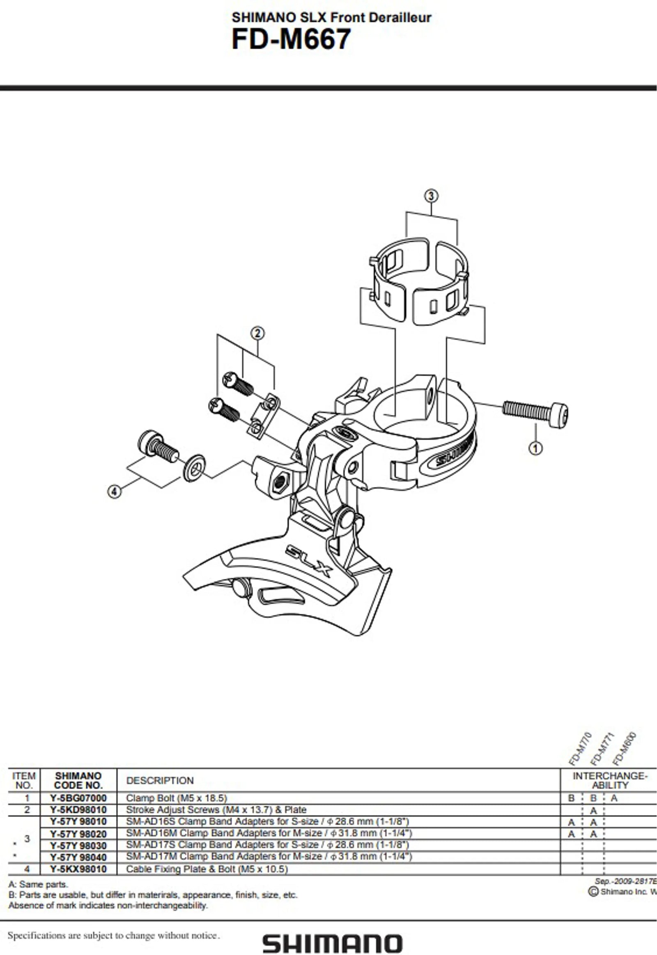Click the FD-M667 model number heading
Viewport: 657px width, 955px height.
tap(291, 39)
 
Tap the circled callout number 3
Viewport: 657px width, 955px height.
tap(431, 196)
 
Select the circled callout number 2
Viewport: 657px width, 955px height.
tap(257, 333)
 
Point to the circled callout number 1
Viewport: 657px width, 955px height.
tap(535, 448)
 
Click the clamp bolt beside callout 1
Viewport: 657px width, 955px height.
tap(535, 409)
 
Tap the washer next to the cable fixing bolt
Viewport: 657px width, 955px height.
tap(194, 468)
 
